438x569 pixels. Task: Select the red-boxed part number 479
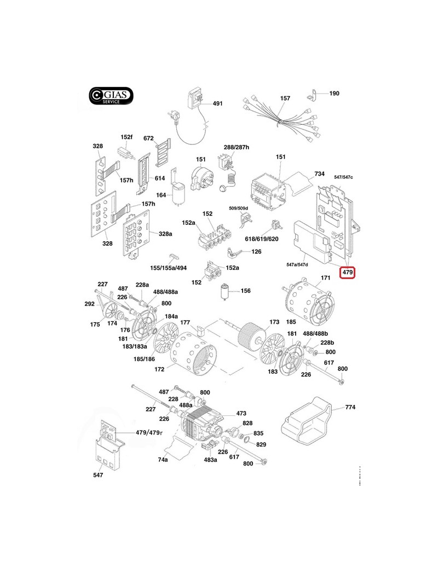click(x=347, y=272)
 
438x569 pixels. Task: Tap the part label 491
click(x=217, y=103)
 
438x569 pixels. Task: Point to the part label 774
click(x=350, y=408)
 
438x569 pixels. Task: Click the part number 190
click(x=333, y=94)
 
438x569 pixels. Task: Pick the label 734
click(x=319, y=174)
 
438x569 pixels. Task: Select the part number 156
click(x=245, y=291)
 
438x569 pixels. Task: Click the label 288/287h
click(x=236, y=148)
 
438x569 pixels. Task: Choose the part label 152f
click(x=126, y=137)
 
